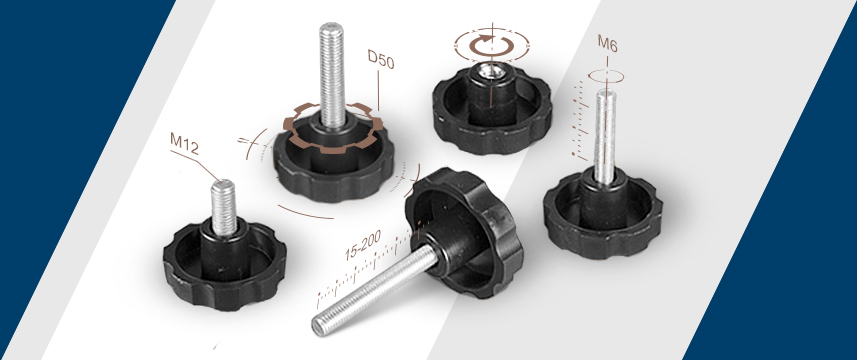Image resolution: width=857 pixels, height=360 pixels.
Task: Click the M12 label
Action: (184, 143)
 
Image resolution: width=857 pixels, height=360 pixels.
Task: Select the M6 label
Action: (607, 43)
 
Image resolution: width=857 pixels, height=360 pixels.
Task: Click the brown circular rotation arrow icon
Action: (492, 46)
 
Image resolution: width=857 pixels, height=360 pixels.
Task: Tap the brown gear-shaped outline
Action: (332, 127)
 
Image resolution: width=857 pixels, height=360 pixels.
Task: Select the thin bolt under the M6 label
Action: (604, 137)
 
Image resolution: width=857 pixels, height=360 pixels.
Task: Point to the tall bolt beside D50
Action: (332, 75)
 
